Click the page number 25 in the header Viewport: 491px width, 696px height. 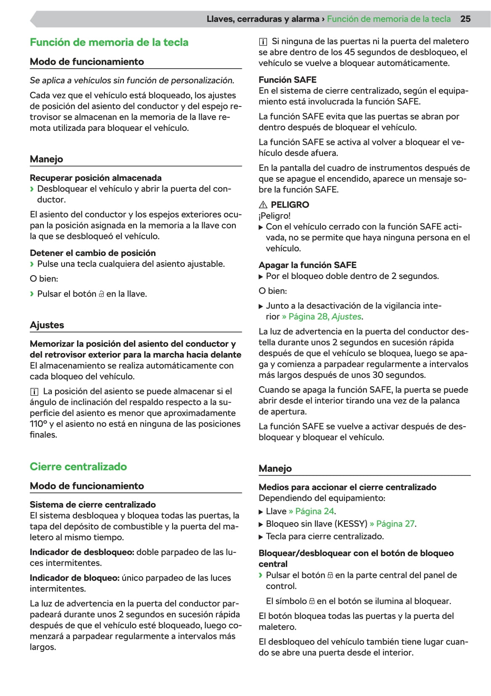[465, 19]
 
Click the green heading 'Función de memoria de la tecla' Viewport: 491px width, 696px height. [109, 42]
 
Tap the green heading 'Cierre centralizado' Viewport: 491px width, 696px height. [78, 466]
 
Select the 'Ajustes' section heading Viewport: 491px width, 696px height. [47, 325]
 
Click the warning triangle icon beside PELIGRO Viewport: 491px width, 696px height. [263, 205]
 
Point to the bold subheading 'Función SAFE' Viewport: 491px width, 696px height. [287, 80]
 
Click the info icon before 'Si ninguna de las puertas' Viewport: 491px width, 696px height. [263, 42]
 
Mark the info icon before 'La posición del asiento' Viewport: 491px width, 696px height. [34, 392]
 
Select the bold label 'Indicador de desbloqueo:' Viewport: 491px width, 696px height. [82, 552]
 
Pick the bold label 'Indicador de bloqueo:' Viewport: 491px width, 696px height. [75, 578]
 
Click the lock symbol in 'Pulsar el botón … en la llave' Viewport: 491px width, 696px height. [101, 294]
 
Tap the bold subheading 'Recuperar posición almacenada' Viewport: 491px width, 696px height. [96, 178]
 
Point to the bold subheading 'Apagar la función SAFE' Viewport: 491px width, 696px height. [307, 265]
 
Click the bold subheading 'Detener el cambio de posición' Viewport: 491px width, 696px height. [93, 252]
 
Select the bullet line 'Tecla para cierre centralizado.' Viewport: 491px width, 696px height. [325, 536]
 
